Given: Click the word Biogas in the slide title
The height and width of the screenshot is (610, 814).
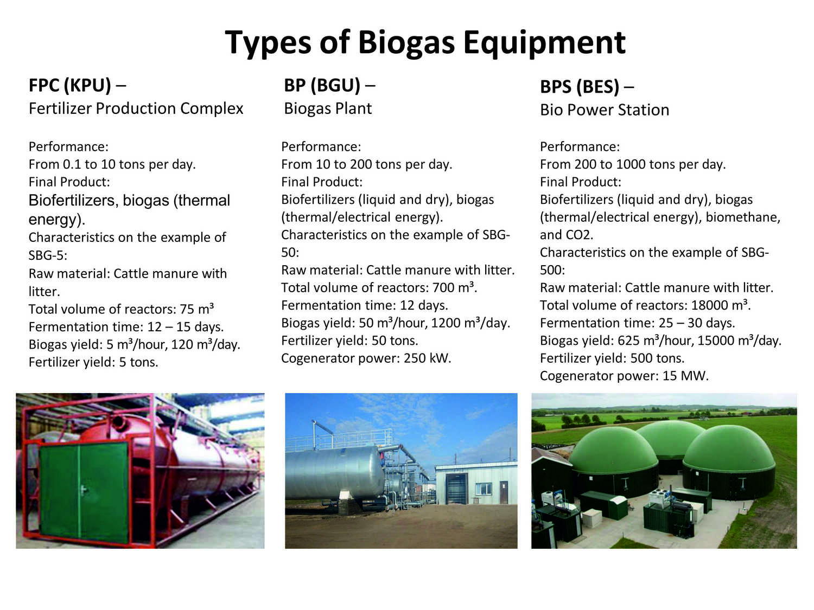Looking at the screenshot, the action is point(406,43).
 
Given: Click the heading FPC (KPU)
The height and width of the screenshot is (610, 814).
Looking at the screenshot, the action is point(69,86).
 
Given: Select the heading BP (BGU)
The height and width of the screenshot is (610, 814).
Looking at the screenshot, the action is point(322,86).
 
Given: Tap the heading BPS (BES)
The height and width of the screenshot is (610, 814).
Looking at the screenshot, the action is point(580,87).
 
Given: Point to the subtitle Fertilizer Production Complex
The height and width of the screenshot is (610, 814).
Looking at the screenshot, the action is point(136,108).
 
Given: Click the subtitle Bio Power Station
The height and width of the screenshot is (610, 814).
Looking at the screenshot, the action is point(605,110).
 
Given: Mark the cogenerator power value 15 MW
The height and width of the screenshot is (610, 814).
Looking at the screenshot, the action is point(685,376).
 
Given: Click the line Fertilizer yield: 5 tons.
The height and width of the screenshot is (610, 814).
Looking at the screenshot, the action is point(93,362).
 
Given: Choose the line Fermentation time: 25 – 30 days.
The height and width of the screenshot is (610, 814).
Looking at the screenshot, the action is point(637,323).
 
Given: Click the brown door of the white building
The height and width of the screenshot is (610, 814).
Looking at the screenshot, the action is point(504,492).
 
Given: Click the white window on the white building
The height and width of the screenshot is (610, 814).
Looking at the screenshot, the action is point(484,489).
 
